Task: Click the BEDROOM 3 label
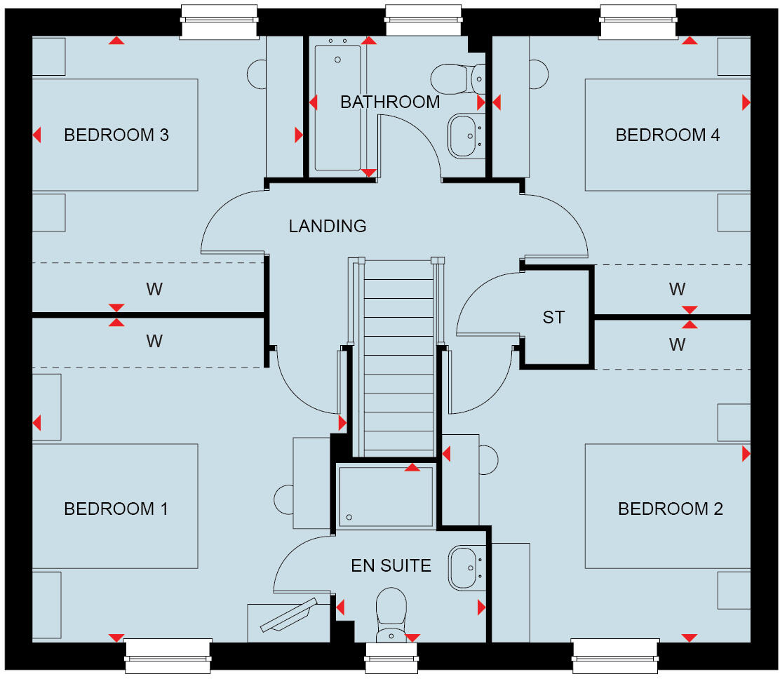click(116, 135)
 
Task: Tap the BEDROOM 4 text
click(667, 135)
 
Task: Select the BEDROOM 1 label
click(116, 509)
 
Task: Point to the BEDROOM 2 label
click(670, 509)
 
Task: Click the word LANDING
click(328, 226)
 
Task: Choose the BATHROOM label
click(390, 102)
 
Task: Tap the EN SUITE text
click(391, 565)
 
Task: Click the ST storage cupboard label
click(553, 318)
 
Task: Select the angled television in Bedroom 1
click(288, 616)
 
